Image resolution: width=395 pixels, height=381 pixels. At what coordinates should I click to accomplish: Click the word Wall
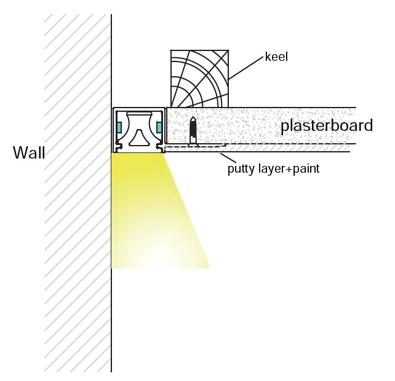29,153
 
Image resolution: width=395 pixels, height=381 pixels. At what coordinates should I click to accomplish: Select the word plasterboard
327,127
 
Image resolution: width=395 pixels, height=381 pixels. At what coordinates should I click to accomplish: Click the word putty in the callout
240,167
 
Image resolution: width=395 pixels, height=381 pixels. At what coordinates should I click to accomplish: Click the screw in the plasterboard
193,130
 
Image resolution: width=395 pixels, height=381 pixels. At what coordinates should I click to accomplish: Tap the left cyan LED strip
119,127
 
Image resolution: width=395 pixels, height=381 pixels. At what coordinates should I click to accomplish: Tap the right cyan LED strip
160,127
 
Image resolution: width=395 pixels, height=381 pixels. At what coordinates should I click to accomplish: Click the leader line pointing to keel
246,68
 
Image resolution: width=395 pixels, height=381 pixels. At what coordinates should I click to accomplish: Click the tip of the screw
193,117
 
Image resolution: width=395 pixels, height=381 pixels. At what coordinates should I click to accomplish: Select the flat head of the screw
193,143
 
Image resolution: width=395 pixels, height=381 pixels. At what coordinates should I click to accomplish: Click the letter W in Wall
20,153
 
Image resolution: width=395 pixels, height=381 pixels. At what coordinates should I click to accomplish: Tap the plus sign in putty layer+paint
280,167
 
